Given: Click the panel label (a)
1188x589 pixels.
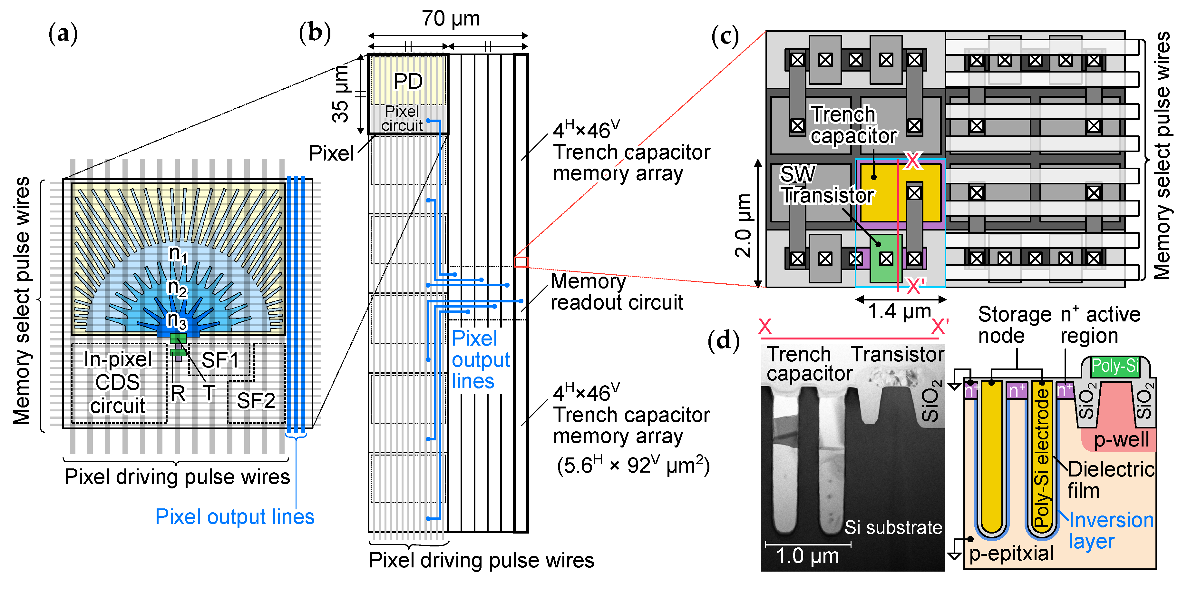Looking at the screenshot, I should (x=63, y=34).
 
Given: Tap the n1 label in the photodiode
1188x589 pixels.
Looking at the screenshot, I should (x=178, y=254).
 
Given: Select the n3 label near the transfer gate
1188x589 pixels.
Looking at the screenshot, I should (x=177, y=320).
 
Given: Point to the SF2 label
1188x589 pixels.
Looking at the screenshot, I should (x=256, y=400).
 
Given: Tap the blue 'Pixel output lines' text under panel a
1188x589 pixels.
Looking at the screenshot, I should (x=234, y=516).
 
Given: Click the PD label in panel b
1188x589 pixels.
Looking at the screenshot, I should (x=408, y=82).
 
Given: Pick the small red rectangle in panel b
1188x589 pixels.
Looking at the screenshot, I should (x=521, y=262).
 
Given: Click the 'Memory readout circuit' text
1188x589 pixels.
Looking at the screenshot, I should (x=616, y=292).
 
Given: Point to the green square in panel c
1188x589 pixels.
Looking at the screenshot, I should (x=885, y=258).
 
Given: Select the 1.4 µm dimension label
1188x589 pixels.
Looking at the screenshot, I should (x=899, y=311).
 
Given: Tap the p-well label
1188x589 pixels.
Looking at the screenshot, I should (x=1121, y=439).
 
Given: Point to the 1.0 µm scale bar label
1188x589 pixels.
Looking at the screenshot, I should (x=807, y=556).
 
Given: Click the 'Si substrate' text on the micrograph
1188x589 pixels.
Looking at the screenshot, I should (x=893, y=527).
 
